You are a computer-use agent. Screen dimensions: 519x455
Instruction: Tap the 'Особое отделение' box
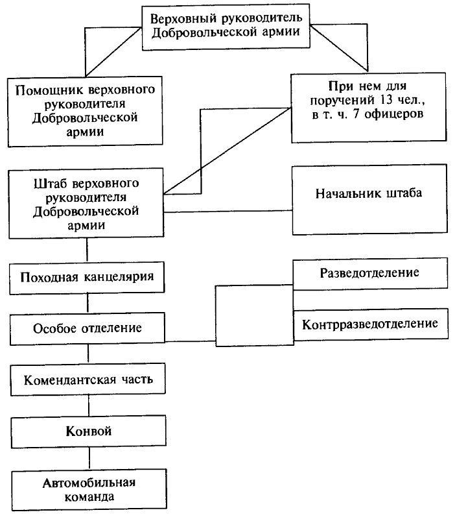pos(87,327)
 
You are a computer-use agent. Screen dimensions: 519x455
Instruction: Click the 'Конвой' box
pos(87,430)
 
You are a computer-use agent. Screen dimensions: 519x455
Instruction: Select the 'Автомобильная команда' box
pos(88,491)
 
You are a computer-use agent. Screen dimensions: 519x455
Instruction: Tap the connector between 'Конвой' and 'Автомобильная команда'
pos(87,460)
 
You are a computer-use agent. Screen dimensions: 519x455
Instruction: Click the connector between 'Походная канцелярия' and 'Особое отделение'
pos(87,302)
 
